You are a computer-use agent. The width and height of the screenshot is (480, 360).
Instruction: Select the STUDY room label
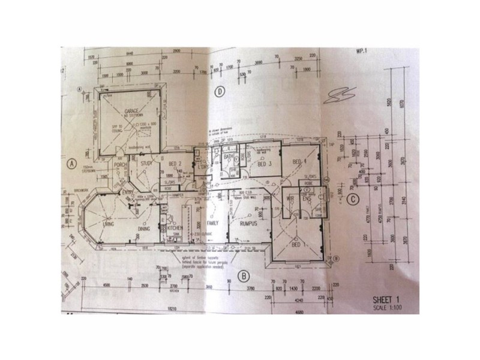point(146,163)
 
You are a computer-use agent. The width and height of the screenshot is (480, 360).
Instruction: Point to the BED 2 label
point(176,164)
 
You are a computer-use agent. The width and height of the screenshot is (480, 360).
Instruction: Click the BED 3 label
point(265,163)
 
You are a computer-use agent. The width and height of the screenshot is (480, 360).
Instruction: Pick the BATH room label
point(228,157)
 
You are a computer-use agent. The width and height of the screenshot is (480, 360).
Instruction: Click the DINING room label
point(144,229)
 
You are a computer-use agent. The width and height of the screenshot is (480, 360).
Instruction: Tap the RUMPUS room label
point(248,224)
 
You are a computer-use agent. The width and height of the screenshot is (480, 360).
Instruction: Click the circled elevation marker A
point(71,162)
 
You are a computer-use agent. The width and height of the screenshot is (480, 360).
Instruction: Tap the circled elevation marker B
point(244,276)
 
